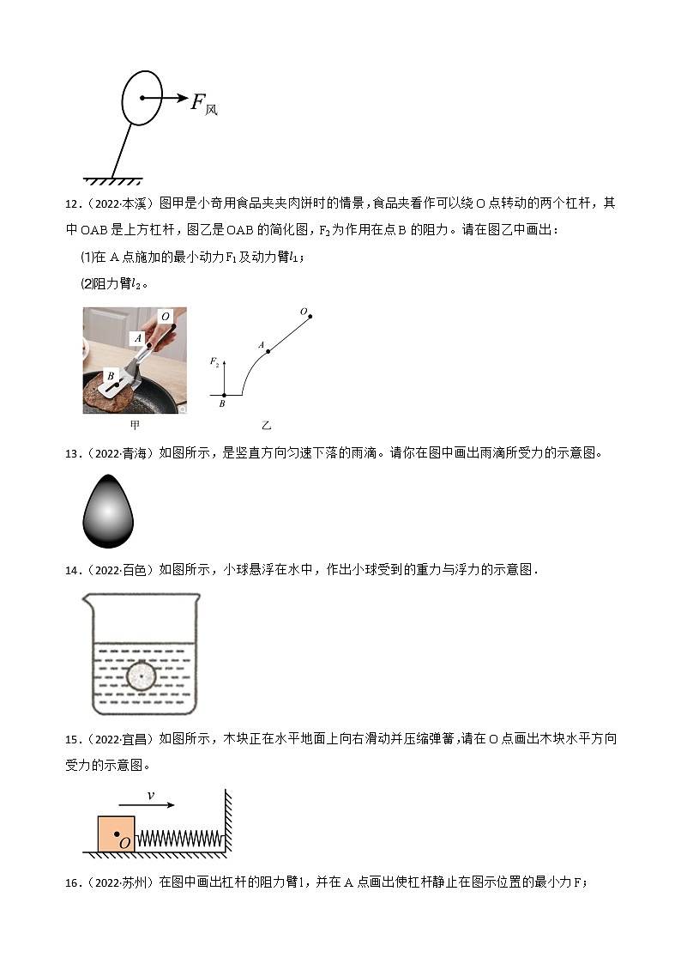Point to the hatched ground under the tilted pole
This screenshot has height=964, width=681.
coord(112,179)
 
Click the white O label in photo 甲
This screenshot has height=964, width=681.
coord(166,317)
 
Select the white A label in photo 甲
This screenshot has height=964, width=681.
coord(136,338)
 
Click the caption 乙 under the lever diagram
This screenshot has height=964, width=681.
coord(266,425)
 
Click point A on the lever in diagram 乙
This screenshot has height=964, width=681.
coord(268,351)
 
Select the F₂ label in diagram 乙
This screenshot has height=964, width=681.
coord(215,362)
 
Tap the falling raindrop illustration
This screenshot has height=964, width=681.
coord(107,510)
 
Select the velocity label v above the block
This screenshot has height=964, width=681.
coord(151,796)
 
